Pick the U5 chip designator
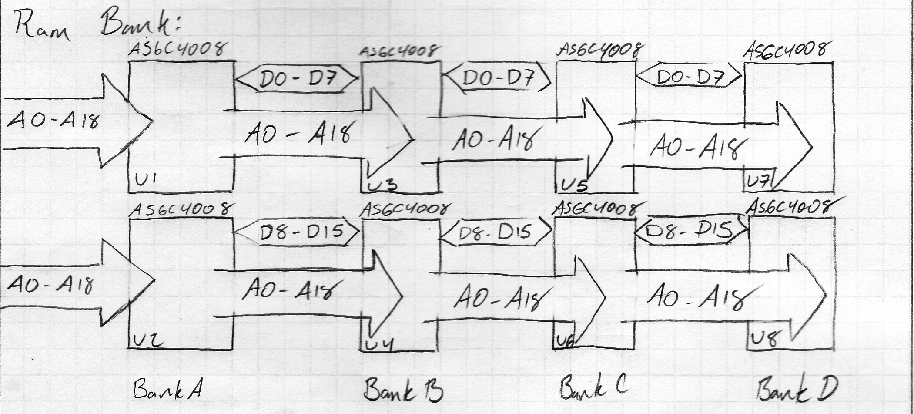(x=573, y=185)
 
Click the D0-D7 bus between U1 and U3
(x=297, y=79)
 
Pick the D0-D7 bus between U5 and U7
(x=689, y=76)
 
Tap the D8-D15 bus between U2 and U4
(x=298, y=232)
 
